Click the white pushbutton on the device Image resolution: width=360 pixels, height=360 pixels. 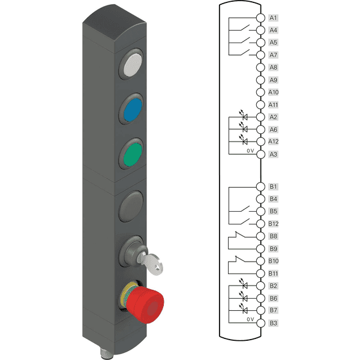point(132,65)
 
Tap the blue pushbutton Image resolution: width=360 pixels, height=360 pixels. point(133,110)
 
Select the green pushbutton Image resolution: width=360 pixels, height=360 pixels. point(133,154)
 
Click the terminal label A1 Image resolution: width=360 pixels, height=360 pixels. point(273,18)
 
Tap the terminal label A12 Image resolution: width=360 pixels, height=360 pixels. point(273,142)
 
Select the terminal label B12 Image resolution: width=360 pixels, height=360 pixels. point(273,224)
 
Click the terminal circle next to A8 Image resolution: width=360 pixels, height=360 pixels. point(260,67)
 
